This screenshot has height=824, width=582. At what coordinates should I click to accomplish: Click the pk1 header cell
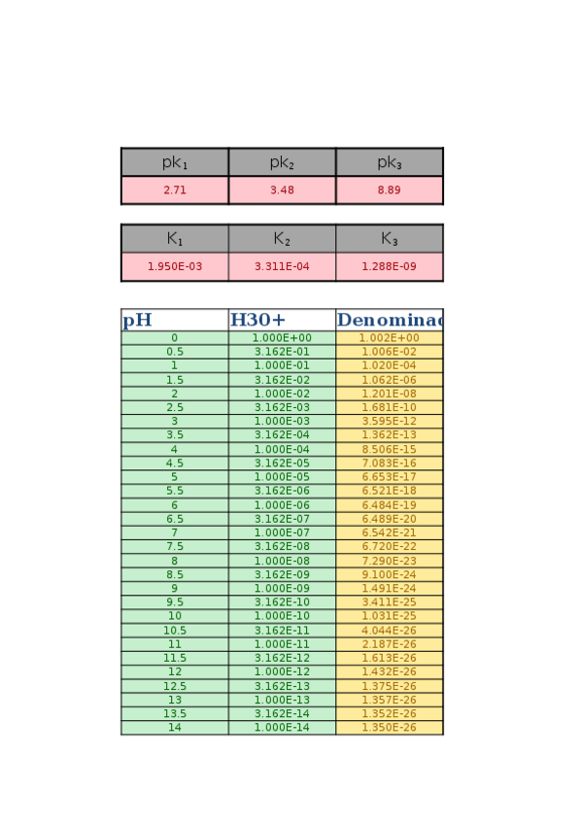175,162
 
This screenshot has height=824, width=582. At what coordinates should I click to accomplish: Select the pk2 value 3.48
282,190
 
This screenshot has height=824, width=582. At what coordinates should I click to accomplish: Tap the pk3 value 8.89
389,190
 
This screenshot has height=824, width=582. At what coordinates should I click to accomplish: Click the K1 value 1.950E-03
175,266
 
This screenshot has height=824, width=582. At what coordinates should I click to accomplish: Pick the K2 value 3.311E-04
282,266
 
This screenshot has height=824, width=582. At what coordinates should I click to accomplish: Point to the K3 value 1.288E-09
389,266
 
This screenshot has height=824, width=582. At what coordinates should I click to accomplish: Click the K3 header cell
389,238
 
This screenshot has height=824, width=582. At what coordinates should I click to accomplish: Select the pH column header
175,321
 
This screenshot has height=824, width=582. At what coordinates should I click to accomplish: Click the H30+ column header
282,321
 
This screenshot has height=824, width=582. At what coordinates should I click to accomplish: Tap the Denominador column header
389,321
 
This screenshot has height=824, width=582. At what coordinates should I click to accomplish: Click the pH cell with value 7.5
175,547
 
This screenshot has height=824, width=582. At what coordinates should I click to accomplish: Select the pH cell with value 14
175,728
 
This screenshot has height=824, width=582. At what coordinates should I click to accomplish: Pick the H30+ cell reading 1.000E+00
282,338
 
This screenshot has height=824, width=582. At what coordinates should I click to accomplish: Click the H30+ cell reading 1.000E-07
282,533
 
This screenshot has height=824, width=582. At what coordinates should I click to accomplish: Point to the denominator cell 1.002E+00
389,338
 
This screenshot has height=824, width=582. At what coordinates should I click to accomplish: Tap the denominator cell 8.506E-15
389,450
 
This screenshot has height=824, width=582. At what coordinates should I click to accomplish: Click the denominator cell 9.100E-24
389,574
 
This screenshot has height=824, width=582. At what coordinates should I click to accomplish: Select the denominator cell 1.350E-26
389,728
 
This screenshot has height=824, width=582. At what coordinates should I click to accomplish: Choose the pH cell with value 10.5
175,631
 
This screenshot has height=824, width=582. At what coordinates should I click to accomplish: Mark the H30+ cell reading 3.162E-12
282,658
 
